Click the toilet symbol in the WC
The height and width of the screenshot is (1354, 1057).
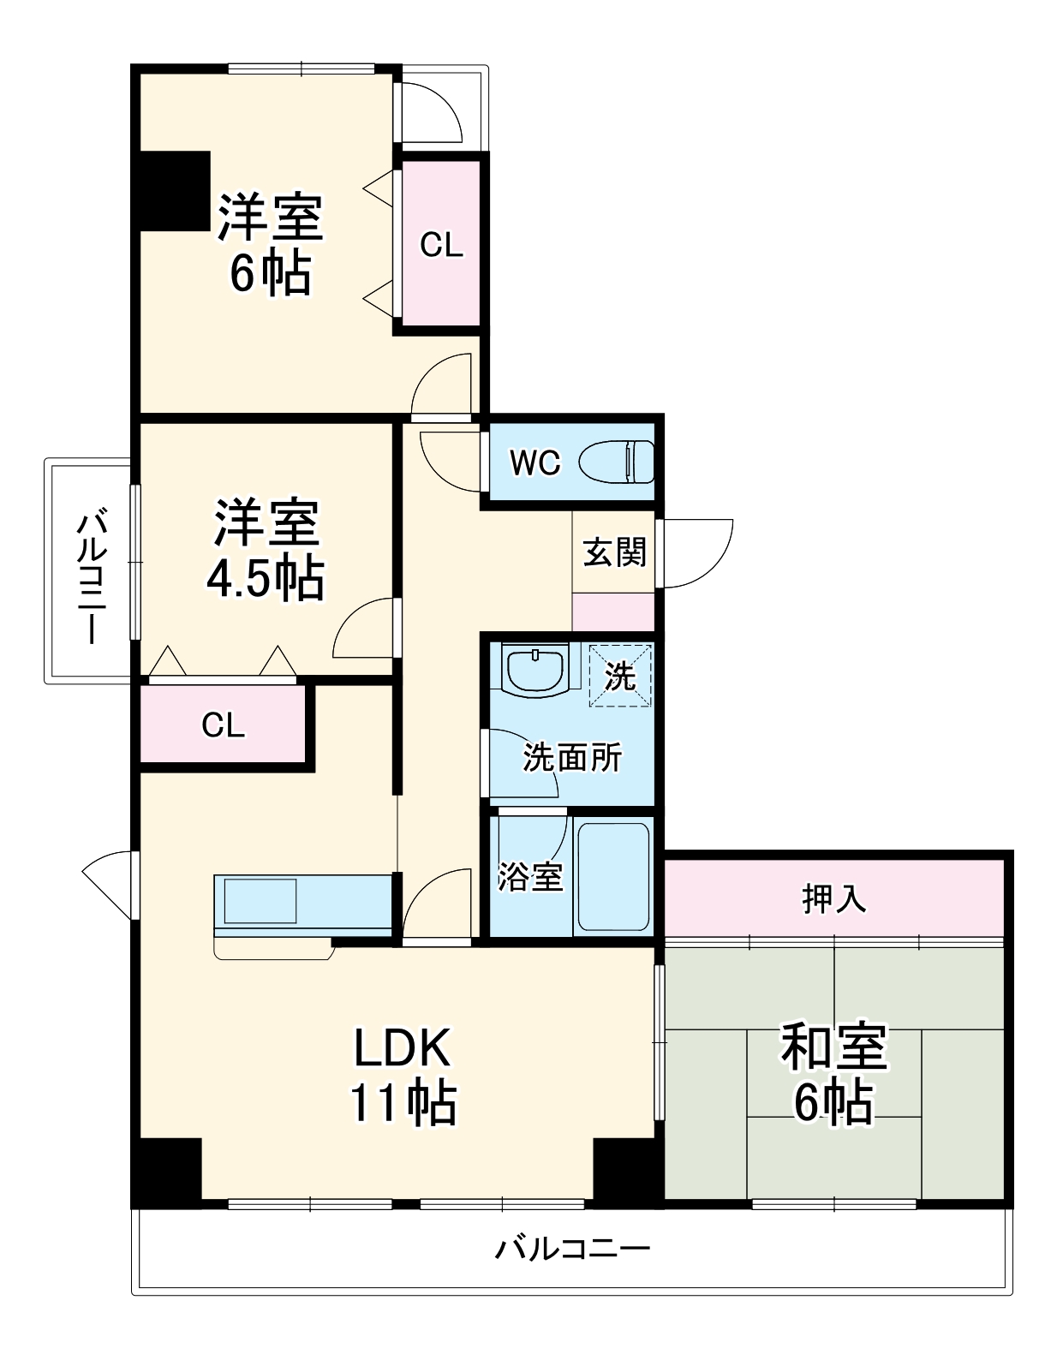click(617, 462)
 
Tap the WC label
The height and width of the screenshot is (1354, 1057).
click(534, 463)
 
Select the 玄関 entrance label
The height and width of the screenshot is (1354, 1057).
click(614, 552)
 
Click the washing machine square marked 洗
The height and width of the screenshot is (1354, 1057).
click(620, 676)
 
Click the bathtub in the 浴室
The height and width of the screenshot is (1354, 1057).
click(613, 877)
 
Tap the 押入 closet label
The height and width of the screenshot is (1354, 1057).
click(833, 898)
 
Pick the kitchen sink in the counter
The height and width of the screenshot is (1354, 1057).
click(260, 900)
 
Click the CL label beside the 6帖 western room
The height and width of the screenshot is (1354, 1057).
click(441, 246)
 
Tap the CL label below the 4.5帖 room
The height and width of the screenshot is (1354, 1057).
click(223, 725)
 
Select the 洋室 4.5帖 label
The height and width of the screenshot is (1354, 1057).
click(266, 550)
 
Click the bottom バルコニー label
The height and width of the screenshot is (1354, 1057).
click(572, 1248)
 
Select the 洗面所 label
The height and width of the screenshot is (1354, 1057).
click(572, 757)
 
